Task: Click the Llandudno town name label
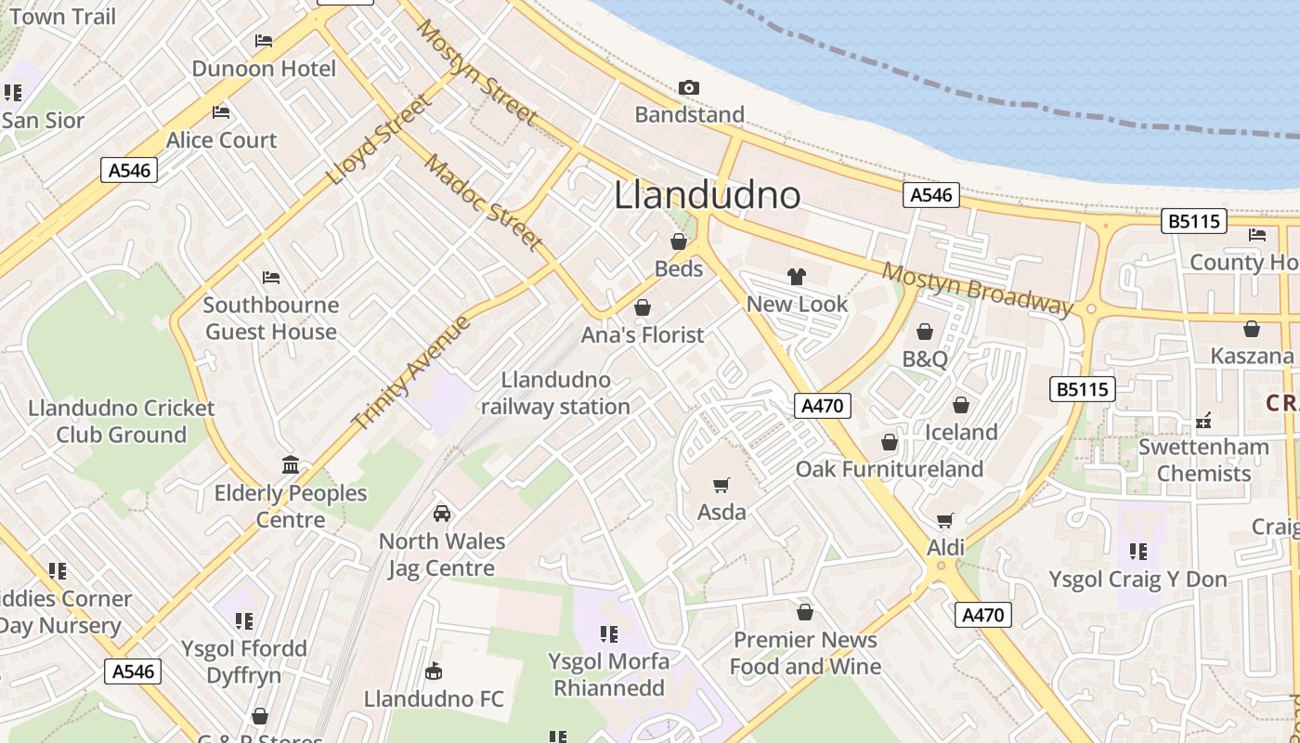point(707,195)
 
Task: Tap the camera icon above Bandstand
point(688,87)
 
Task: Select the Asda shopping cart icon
point(721,485)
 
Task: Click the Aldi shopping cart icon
point(945,520)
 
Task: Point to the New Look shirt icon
point(797,276)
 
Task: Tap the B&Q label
point(925,358)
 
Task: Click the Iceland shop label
point(961,432)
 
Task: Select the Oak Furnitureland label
point(889,469)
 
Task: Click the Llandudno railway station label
point(555,393)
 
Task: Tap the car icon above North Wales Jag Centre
point(442,513)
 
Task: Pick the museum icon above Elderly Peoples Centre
point(290,464)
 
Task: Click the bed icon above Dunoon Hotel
point(264,41)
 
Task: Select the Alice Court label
point(221,140)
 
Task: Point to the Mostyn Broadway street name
point(977,288)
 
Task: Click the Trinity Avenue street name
point(411,372)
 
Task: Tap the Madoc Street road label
point(484,202)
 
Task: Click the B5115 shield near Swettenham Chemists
point(1082,389)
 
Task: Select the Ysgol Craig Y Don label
point(1137,580)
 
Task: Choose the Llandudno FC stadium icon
point(433,671)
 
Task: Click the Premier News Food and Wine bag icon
point(805,612)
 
